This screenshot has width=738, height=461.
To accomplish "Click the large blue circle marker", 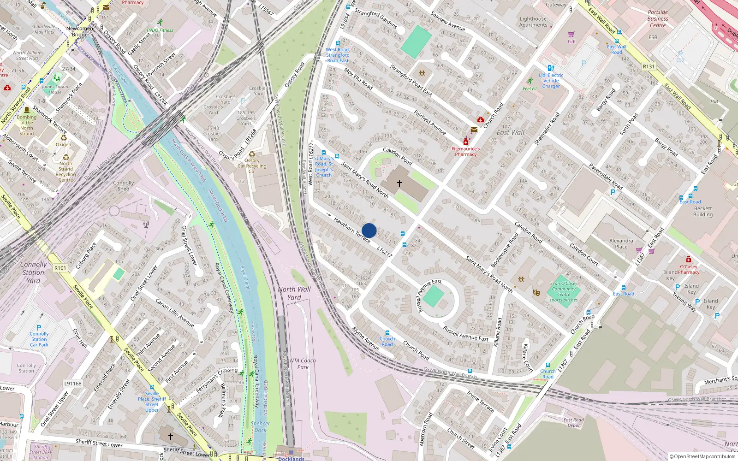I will [x=369, y=230].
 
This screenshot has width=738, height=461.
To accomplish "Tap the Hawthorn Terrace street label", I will [x=352, y=230].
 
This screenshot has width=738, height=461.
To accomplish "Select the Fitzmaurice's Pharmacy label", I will [x=465, y=152].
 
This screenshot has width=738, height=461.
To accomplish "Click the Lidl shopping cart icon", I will [x=571, y=34].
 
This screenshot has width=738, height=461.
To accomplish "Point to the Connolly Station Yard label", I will [x=33, y=272].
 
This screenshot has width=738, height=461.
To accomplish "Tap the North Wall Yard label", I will [x=294, y=293].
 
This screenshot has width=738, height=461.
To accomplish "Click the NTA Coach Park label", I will [x=303, y=364].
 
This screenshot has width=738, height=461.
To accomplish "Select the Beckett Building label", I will [x=703, y=212].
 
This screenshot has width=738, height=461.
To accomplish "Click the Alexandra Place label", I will [x=621, y=243].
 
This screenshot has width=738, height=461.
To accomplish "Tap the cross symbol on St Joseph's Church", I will [x=399, y=183].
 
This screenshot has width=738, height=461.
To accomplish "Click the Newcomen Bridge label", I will [x=79, y=31].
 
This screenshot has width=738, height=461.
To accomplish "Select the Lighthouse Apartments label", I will [x=533, y=22].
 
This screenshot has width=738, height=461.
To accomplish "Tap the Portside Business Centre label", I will [x=658, y=18].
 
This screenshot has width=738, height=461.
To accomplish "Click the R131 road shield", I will [x=649, y=66].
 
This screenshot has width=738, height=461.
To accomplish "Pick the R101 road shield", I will [x=60, y=268].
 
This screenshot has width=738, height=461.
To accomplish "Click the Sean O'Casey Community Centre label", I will [x=564, y=292].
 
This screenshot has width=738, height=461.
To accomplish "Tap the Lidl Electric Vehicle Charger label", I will [x=551, y=80].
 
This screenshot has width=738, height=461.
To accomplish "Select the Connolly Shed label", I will [x=123, y=186].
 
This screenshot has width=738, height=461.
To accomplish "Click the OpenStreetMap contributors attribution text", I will [x=702, y=457].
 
